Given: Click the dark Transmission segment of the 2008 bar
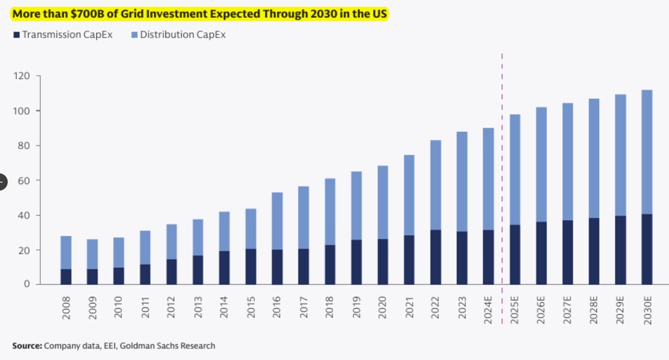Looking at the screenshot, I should click(66, 276).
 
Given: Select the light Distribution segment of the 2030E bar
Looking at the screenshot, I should click(647, 152).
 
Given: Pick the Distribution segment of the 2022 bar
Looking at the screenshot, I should click(435, 185).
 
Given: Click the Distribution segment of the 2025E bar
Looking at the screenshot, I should click(515, 169).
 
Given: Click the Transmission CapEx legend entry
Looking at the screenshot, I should click(63, 34).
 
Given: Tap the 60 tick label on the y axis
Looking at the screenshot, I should click(24, 181).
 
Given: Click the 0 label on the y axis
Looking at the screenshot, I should click(27, 284).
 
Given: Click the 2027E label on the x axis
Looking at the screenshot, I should click(567, 310).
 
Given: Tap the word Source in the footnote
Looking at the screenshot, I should click(27, 346).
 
